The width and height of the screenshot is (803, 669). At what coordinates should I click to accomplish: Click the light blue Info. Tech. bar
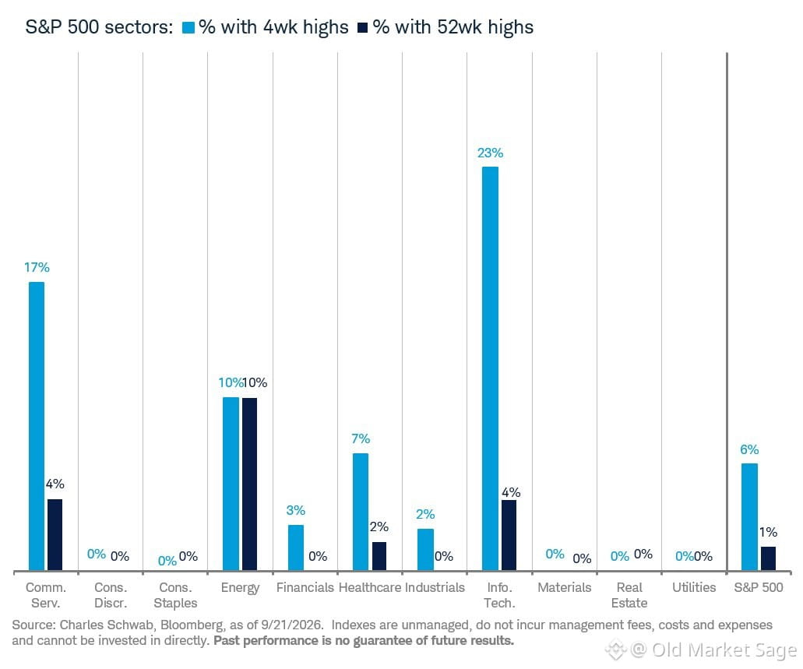(x=490, y=368)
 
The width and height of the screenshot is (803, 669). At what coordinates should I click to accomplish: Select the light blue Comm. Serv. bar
(x=37, y=426)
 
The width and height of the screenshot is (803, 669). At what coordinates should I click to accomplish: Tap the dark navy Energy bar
(x=249, y=484)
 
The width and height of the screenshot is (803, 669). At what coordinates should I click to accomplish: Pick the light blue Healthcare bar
(x=361, y=512)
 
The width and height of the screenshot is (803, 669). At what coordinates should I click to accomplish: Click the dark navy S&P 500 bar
(x=768, y=558)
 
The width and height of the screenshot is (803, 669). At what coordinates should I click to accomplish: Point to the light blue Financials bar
(x=295, y=548)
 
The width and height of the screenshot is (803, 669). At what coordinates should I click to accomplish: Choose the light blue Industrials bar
(x=425, y=550)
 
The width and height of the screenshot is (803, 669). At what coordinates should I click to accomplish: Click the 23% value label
(x=490, y=153)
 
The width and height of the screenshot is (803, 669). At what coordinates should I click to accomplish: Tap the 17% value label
(x=37, y=267)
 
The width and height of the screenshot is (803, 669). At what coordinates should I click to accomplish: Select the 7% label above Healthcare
(x=361, y=438)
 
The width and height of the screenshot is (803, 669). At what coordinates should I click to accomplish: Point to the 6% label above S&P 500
(x=749, y=449)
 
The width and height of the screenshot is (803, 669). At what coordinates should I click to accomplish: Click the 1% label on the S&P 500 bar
(x=768, y=532)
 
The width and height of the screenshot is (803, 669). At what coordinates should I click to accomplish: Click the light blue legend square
(x=188, y=28)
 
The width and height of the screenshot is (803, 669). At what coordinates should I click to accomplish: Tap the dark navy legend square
(x=363, y=28)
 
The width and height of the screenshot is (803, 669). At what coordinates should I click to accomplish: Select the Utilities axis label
(x=694, y=587)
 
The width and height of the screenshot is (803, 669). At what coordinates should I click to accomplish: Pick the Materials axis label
(x=565, y=587)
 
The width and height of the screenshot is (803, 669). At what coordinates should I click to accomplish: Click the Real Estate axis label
(x=629, y=595)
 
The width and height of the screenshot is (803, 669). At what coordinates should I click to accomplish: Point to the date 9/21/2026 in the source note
(x=292, y=625)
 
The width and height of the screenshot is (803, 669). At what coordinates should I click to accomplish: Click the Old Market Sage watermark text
(x=724, y=650)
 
